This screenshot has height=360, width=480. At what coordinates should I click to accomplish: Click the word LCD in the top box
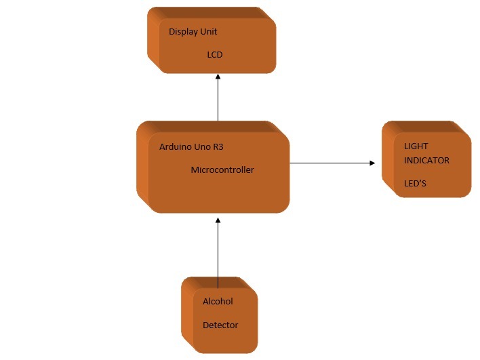[x=214, y=55]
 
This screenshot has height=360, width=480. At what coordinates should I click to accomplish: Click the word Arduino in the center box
[x=175, y=146]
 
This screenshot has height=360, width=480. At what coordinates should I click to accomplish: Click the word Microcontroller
[x=222, y=170]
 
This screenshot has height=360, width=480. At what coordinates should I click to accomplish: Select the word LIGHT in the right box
[x=416, y=146]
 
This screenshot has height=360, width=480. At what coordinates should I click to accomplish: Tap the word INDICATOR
[x=427, y=161]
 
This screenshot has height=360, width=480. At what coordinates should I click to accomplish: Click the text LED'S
[x=415, y=184]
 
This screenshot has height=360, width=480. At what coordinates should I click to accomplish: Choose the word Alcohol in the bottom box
[x=218, y=302]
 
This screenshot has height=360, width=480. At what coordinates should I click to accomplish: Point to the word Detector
[x=220, y=325]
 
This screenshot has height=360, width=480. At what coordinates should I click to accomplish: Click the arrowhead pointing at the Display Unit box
[x=218, y=77]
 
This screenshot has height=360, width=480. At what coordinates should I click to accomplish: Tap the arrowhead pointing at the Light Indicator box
[x=372, y=163]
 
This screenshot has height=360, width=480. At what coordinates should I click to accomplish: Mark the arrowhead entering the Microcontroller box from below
[x=218, y=220]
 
